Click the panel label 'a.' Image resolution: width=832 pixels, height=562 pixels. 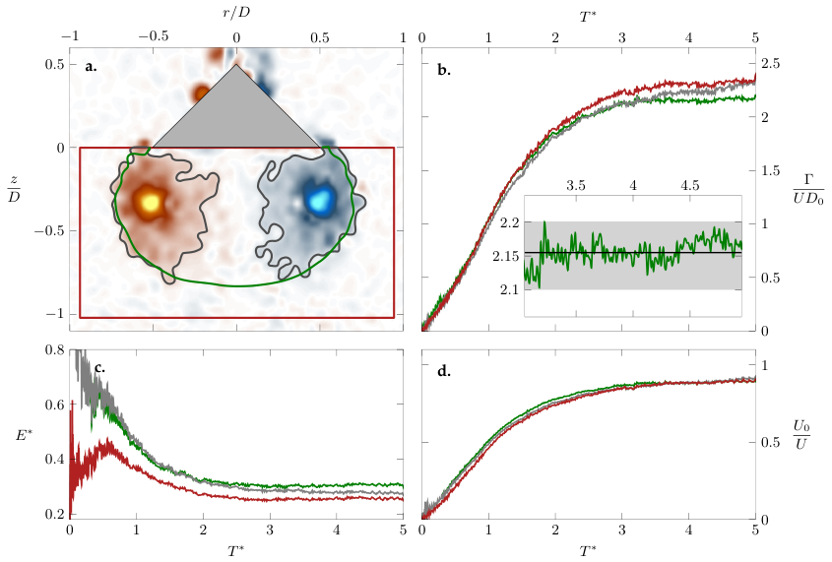tap(91, 67)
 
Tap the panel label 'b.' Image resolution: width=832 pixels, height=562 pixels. tap(444, 70)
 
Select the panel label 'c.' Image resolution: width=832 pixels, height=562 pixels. tap(99, 367)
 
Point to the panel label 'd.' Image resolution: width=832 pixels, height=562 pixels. tap(444, 371)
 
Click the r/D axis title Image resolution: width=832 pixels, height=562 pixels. tap(236, 13)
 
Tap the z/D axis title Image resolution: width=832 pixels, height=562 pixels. tap(13, 190)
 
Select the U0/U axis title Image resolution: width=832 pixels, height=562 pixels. tap(801, 435)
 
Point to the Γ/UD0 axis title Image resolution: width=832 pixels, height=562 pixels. tap(808, 189)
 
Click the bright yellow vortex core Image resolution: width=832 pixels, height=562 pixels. tap(151, 202)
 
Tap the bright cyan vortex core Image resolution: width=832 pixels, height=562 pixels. tap(319, 200)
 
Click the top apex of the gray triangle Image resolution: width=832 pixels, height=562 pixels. tap(236, 64)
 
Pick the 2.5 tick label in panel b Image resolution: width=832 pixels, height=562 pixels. tap(770, 64)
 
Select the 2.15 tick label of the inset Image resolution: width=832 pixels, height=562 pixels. tap(506, 256)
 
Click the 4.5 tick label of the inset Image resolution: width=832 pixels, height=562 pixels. tap(690, 186)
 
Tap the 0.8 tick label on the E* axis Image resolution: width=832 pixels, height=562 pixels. tap(55, 350)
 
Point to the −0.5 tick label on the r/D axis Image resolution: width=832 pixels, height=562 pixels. tap(154, 36)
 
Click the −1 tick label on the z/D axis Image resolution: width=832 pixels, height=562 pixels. tap(55, 313)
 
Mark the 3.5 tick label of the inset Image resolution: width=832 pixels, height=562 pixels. tap(576, 186)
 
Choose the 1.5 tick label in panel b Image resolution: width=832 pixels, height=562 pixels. tap(770, 170)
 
